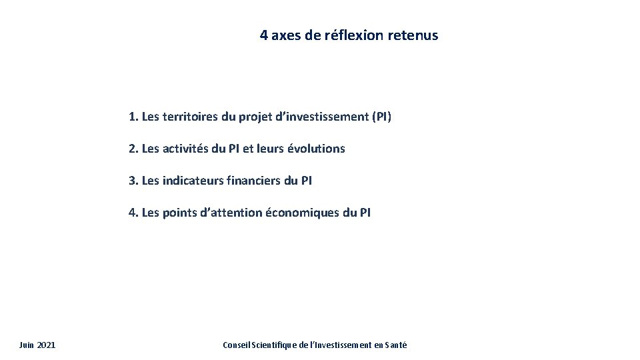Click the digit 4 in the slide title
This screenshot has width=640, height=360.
tap(265, 35)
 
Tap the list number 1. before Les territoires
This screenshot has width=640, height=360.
tap(133, 117)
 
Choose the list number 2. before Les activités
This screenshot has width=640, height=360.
tap(133, 149)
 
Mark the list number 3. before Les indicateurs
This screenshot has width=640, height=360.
tap(133, 181)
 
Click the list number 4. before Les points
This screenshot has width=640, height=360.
tap(133, 213)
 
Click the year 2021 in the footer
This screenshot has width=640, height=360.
tap(47, 345)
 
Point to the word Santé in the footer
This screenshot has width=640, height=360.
tap(394, 345)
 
